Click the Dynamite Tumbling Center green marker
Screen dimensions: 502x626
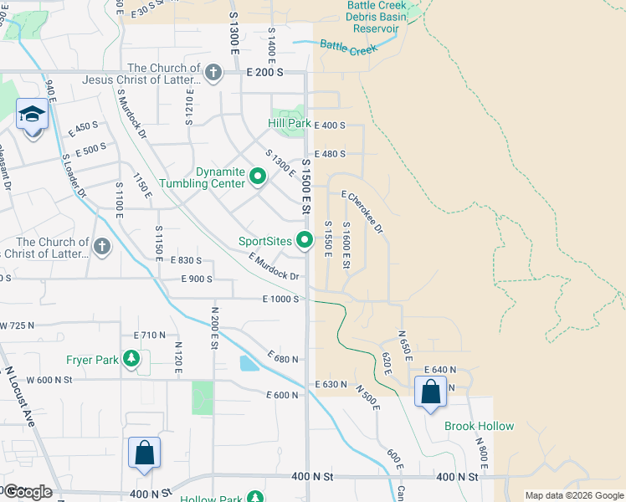click(257, 178)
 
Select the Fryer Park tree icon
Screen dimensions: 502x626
click(131, 360)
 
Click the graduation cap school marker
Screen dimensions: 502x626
click(32, 114)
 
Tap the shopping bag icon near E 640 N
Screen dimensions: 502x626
click(430, 392)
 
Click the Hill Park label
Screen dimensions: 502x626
click(289, 124)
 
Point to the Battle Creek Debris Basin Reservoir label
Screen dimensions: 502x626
click(377, 16)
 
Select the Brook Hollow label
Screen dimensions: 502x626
click(479, 426)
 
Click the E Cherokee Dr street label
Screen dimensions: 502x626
click(362, 213)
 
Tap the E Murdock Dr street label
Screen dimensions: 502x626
click(274, 269)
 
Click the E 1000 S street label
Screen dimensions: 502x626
click(280, 299)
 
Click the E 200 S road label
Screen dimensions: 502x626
click(273, 73)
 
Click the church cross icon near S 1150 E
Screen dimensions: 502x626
click(101, 246)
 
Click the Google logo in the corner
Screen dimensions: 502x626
click(27, 491)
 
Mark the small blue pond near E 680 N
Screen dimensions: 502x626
click(249, 363)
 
